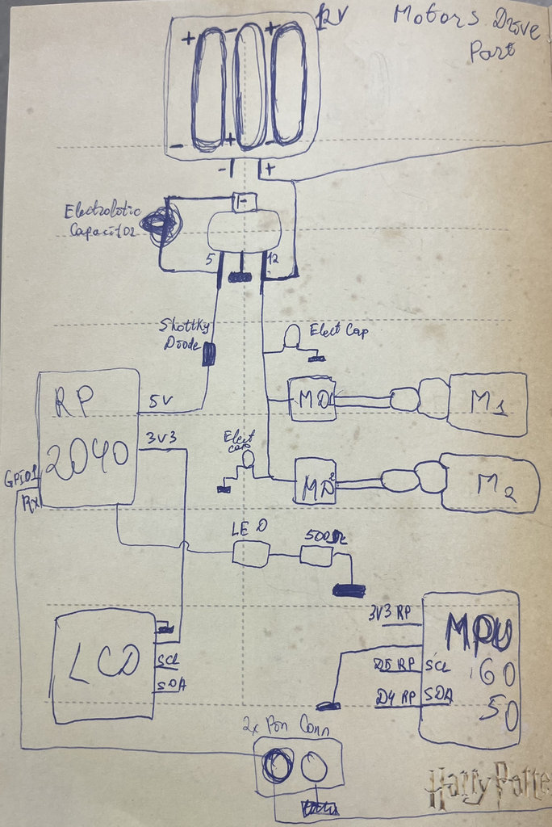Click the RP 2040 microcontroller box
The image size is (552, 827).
tap(89, 437)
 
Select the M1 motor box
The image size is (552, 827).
tap(487, 404)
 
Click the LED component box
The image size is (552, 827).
tap(250, 553)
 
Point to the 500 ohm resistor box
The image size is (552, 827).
tap(316, 555)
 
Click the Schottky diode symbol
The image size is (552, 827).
tap(208, 353)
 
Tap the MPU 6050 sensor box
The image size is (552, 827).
tap(470, 669)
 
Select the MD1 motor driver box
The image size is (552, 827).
tap(312, 397)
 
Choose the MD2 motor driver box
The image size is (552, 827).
tap(315, 481)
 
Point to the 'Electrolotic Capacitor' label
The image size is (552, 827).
tap(101, 220)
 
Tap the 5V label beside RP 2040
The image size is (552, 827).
tap(161, 400)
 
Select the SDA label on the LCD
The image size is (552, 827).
tap(170, 684)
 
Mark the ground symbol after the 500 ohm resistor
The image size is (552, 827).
tap(349, 590)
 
